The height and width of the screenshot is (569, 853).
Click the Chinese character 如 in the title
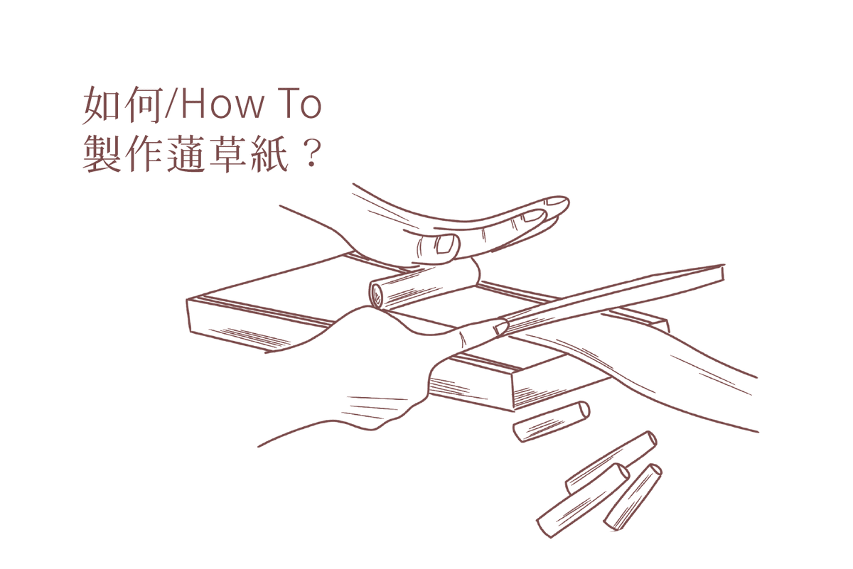(x=101, y=105)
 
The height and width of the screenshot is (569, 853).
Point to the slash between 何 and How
(x=172, y=105)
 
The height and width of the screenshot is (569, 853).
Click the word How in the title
(x=222, y=105)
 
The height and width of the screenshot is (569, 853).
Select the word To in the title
(x=301, y=105)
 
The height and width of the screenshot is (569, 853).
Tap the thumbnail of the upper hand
(x=446, y=245)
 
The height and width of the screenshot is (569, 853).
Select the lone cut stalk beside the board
(x=551, y=421)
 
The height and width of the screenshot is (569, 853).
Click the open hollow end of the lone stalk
(x=584, y=410)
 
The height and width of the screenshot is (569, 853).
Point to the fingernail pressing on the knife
(x=502, y=328)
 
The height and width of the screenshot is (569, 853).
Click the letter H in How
(x=194, y=105)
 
